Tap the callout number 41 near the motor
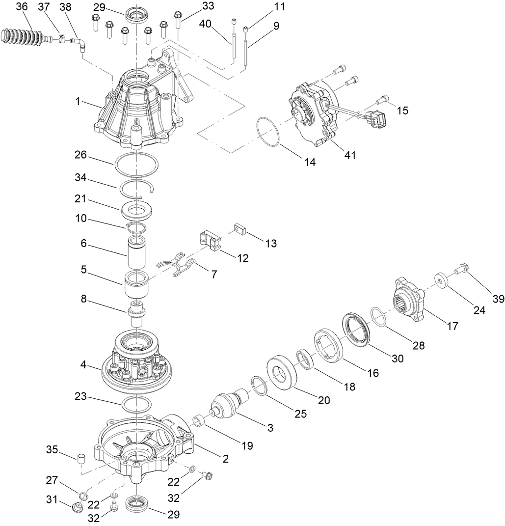click(x=350, y=155)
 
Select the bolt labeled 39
click(x=461, y=269)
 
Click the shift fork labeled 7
click(x=178, y=265)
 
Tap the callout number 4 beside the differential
click(x=83, y=366)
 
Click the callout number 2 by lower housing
click(x=226, y=459)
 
